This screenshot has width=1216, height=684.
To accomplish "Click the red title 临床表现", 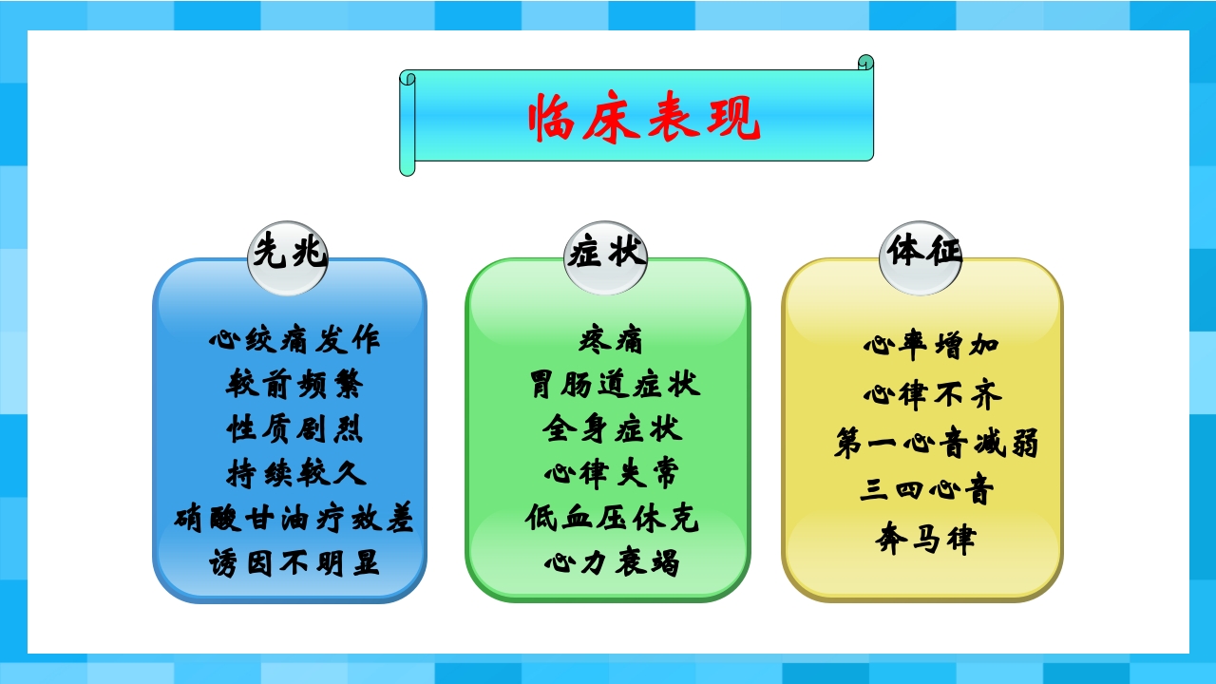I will click(644, 119).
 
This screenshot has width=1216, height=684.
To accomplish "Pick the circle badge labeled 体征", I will click(920, 253).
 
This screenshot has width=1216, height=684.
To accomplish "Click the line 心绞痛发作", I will click(294, 338).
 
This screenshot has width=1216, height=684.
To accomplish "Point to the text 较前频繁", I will click(294, 384).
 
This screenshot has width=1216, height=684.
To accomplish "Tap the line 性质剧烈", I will click(294, 428).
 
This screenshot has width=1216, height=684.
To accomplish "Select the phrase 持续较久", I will click(294, 473).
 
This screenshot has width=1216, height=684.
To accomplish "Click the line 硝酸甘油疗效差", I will click(294, 519).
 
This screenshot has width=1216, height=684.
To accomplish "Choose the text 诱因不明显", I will click(294, 563).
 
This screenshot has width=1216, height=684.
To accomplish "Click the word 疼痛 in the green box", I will click(612, 339).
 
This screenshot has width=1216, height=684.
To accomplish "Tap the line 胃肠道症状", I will click(614, 384).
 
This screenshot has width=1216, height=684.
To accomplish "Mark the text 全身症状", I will click(612, 428).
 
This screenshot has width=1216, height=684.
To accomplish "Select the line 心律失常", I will click(612, 473).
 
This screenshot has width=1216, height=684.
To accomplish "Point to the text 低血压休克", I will click(612, 519).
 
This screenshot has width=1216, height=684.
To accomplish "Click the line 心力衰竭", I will click(612, 563).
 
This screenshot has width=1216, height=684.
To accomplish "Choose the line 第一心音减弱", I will click(936, 444).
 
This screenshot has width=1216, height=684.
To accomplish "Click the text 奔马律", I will click(925, 541).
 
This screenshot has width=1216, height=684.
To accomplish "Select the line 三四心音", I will click(927, 491).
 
